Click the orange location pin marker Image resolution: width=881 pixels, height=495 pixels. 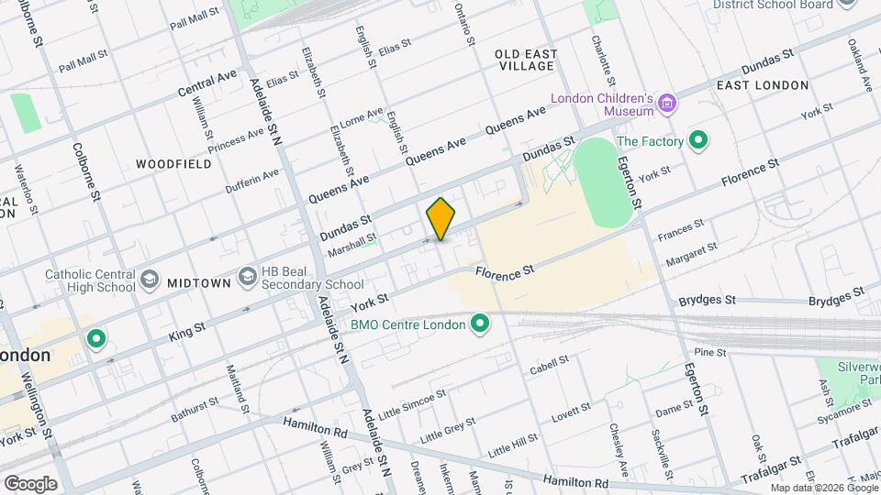pyautogui.click(x=441, y=219)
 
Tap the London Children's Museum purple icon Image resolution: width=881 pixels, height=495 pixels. pyautogui.click(x=668, y=104)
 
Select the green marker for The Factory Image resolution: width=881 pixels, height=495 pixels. pyautogui.click(x=698, y=141)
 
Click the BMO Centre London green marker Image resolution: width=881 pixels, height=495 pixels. pyautogui.click(x=478, y=323)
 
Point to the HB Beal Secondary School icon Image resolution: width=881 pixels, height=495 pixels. pyautogui.click(x=246, y=276)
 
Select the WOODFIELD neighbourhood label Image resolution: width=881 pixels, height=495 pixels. pyautogui.click(x=173, y=164)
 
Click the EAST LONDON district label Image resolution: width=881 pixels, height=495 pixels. pyautogui.click(x=763, y=85)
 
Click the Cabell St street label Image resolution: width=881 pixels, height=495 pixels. pyautogui.click(x=550, y=366)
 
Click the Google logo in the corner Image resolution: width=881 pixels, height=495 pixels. pyautogui.click(x=30, y=484)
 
